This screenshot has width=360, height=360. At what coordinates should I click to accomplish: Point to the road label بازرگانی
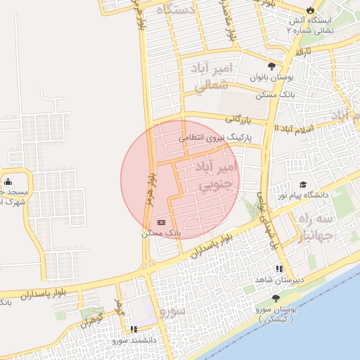pos(239,121)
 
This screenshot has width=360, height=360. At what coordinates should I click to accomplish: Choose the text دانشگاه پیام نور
pos(310,194)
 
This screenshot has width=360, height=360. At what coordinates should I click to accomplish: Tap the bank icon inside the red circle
pos(162,221)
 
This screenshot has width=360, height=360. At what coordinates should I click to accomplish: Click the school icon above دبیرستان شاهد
pos(280,269)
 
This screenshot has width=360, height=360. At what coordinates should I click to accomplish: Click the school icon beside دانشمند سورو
pos(133,329)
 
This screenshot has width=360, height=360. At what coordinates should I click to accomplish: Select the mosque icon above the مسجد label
pos(8,182)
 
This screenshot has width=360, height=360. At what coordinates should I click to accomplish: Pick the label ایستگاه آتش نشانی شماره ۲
pos(324,25)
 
